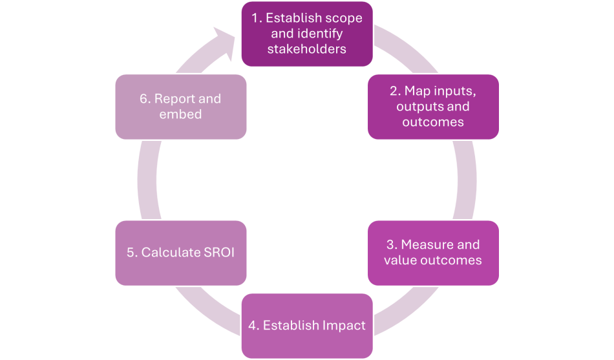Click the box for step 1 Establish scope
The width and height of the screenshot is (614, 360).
point(306,34)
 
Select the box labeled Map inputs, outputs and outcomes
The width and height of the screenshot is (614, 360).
point(433,107)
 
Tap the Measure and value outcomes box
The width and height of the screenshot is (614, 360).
point(433,253)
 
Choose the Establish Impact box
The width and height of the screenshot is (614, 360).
point(306,326)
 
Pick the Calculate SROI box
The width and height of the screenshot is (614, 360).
point(180,253)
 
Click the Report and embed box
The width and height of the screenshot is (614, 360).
point(180,107)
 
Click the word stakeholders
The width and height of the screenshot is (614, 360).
point(306,49)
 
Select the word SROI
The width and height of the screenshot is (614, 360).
point(218,253)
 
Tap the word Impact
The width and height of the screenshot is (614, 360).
point(343,326)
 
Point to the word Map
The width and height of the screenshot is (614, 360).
point(416,91)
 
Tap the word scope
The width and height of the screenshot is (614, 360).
point(345,18)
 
